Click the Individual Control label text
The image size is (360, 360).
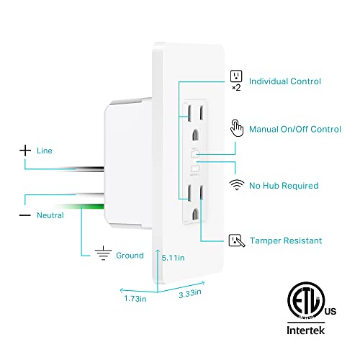coord(285,81)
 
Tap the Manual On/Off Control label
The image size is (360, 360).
coord(294,130)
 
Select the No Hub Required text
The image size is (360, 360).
coord(284,185)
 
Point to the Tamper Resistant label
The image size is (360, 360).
coord(285,240)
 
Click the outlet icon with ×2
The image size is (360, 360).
coord(235,77)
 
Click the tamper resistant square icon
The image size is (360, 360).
coord(235,240)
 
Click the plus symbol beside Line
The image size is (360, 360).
coord(26,150)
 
